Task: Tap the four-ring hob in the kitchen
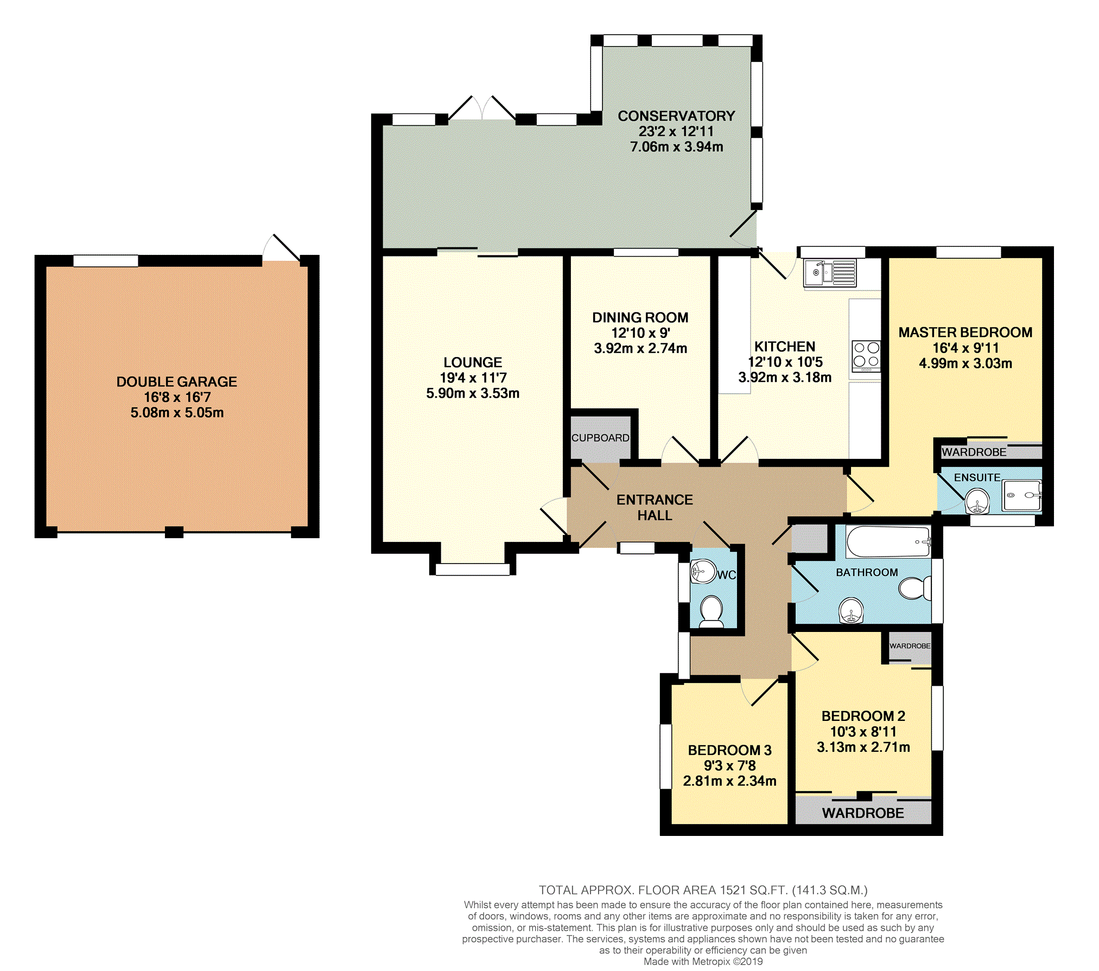(866, 356)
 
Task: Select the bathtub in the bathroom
(888, 541)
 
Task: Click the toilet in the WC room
(712, 611)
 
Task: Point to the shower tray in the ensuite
(1022, 496)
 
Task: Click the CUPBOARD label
(600, 438)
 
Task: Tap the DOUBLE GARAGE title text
(177, 381)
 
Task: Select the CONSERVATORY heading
(676, 116)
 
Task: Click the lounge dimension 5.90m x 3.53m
(473, 393)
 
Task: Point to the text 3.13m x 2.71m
(863, 747)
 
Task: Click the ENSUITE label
(977, 477)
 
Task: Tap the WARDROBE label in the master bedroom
(974, 452)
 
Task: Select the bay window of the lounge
(473, 569)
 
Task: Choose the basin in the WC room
(703, 572)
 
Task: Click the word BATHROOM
(867, 572)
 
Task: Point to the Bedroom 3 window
(666, 756)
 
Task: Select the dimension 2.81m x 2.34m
(729, 781)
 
